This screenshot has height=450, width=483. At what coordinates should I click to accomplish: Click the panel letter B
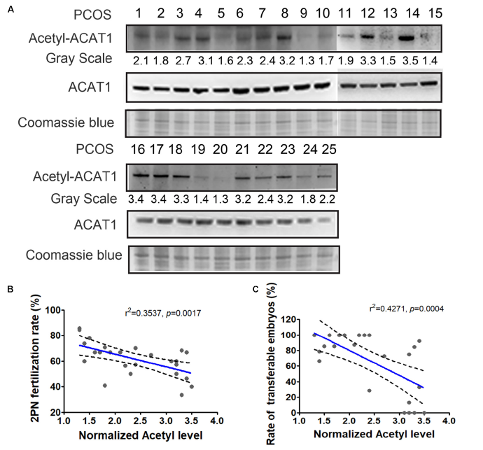(x=8, y=289)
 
